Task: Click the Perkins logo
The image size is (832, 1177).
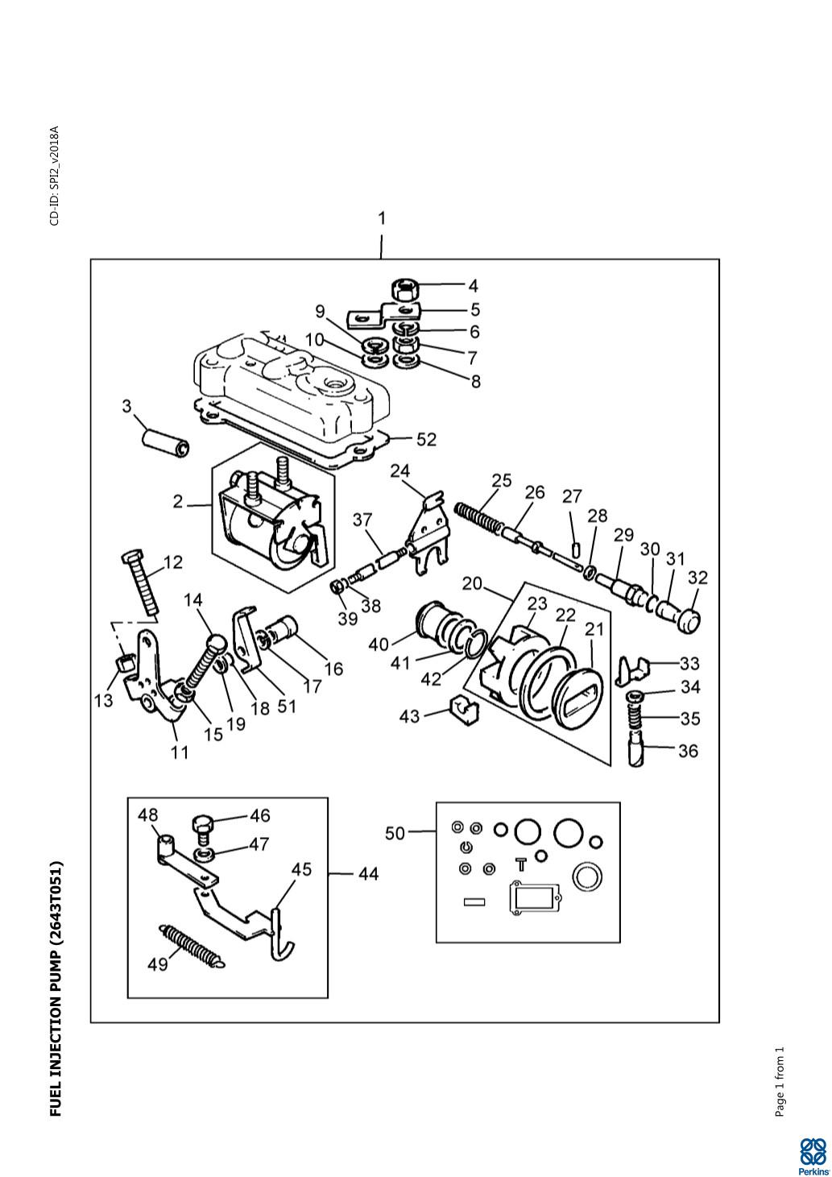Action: tap(813, 1150)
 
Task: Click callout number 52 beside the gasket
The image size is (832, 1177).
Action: tap(426, 439)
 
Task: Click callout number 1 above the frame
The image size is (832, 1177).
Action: tap(382, 218)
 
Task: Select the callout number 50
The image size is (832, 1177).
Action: tap(395, 833)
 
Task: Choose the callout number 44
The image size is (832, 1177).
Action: tap(368, 874)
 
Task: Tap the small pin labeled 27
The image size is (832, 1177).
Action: tap(575, 549)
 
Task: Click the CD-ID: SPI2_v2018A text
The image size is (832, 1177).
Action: tap(55, 176)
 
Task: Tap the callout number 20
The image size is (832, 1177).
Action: tap(472, 584)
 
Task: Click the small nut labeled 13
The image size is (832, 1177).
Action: tap(123, 666)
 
